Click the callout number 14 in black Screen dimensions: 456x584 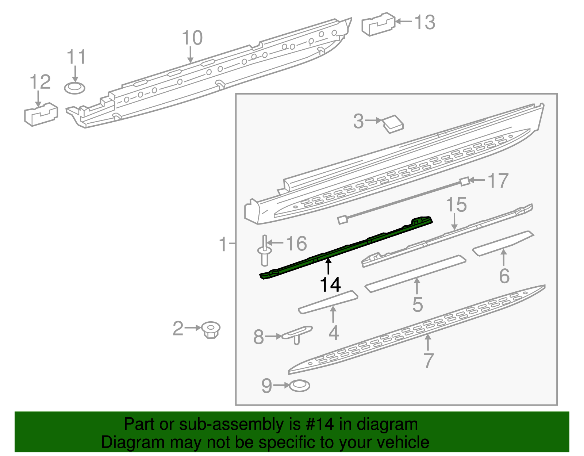tap(330, 285)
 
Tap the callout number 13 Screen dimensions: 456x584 tap(425, 22)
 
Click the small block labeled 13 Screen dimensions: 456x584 tap(378, 24)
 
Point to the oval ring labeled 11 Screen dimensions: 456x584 tap(75, 88)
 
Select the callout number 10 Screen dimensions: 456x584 tap(192, 38)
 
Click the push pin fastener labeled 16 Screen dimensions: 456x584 tap(265, 252)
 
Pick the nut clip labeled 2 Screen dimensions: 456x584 tap(211, 330)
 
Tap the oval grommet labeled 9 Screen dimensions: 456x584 tap(299, 386)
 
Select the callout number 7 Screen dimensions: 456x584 tap(428, 360)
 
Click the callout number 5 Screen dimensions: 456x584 tap(417, 304)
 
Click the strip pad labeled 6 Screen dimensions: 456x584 tap(503, 243)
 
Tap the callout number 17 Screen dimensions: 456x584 tap(498, 181)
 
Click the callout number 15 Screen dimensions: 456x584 tap(456, 204)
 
